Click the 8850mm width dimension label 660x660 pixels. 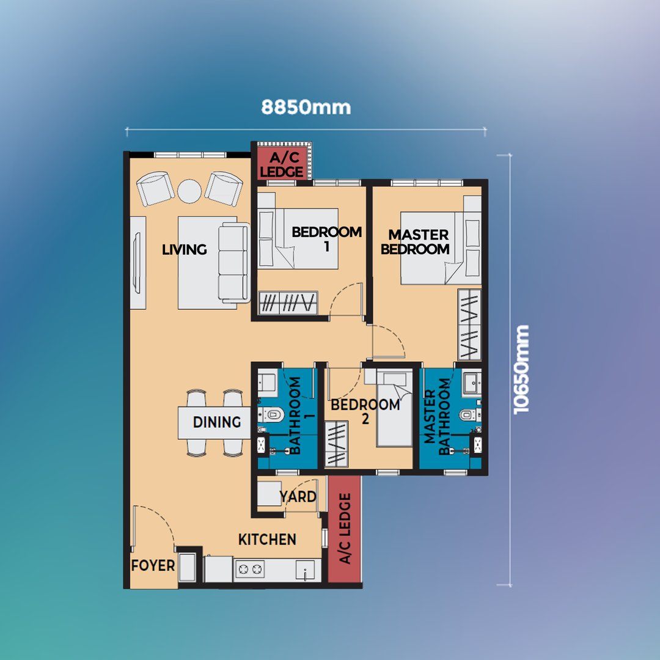tap(306, 108)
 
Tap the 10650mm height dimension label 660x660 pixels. tap(521, 370)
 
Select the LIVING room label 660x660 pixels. tap(185, 249)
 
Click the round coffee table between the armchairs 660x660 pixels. tap(189, 191)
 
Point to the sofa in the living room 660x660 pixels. tap(234, 263)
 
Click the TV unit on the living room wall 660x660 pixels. tap(137, 263)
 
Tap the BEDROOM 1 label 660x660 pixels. tap(326, 238)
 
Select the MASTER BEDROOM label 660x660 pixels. tap(416, 241)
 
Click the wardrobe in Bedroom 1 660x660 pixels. tap(288, 302)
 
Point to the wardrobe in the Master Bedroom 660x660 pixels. tap(469, 324)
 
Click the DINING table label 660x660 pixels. tap(217, 422)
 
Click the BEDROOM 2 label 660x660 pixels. tap(365, 411)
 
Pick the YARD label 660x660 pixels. tap(298, 497)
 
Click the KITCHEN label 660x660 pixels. tap(267, 539)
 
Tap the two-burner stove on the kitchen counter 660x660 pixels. tap(249, 570)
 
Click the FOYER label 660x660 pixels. tap(153, 565)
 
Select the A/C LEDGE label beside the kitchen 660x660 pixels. tap(345, 529)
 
